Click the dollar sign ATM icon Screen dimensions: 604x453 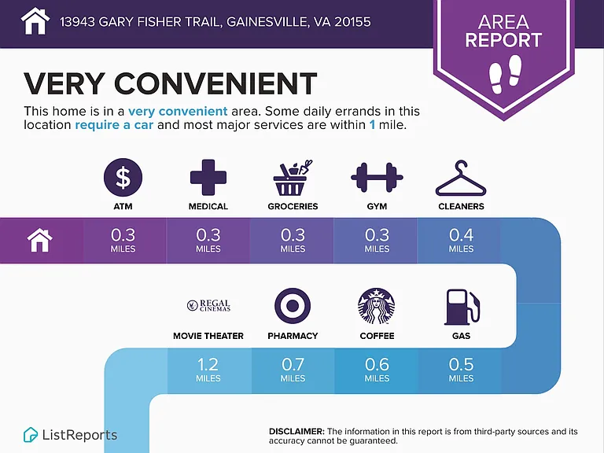tap(123, 178)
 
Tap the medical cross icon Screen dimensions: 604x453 tap(208, 177)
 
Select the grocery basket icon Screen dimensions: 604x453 tap(292, 178)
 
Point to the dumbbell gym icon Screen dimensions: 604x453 tap(377, 178)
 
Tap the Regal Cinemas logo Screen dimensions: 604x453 tap(208, 305)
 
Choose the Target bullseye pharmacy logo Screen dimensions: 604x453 tap(293, 305)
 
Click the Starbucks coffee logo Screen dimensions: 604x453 tap(377, 306)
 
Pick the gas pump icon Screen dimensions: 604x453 tap(462, 307)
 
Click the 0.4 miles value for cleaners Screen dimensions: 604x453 tap(461, 241)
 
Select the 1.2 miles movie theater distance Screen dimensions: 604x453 tap(208, 370)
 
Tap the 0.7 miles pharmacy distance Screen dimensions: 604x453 tap(293, 370)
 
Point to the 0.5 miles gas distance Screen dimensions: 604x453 tap(461, 370)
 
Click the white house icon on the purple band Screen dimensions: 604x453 tap(39, 240)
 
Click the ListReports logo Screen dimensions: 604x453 tap(70, 435)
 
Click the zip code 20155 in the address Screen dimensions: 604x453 tap(352, 21)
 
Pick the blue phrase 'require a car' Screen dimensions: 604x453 tap(114, 125)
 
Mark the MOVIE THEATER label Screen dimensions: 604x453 tap(208, 336)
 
